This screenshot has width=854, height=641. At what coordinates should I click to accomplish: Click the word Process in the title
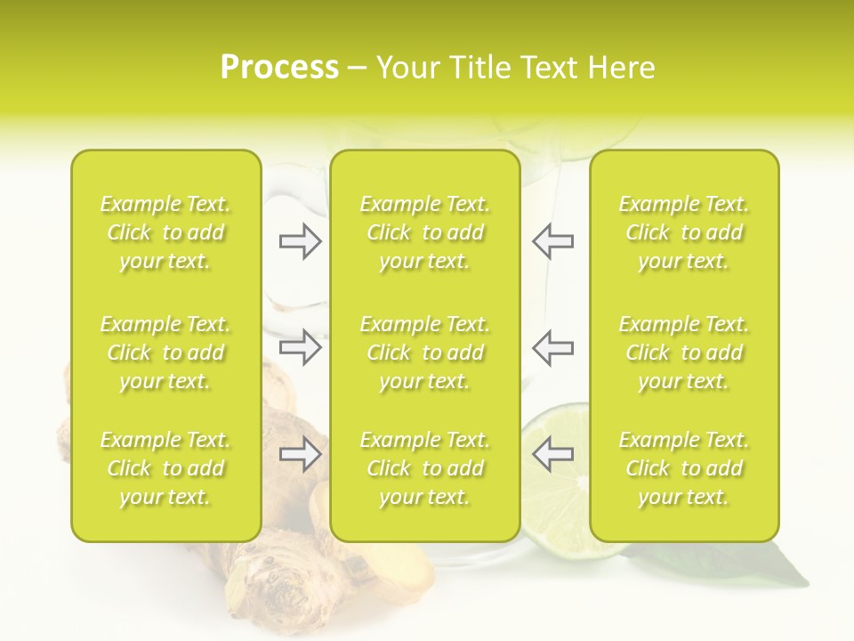click(x=279, y=68)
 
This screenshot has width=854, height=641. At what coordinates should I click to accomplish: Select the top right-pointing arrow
click(x=300, y=241)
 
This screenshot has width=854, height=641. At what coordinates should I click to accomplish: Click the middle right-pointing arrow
click(x=300, y=347)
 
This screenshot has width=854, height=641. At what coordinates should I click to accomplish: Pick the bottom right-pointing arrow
click(x=300, y=454)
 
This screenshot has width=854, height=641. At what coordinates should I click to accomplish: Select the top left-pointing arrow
click(x=552, y=241)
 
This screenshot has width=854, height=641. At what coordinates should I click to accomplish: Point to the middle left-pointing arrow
click(x=552, y=347)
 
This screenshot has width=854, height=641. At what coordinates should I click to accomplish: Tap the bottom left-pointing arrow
click(x=552, y=454)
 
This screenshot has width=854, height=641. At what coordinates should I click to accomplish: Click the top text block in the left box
click(x=165, y=232)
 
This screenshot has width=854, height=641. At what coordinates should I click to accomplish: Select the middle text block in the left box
click(x=165, y=353)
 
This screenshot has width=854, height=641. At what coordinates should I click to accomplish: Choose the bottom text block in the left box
click(x=165, y=468)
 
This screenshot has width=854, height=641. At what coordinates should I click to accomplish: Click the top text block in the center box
click(x=424, y=232)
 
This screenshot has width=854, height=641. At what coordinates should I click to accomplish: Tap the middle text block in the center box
click(x=424, y=353)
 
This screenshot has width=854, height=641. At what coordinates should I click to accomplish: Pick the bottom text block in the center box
click(x=424, y=468)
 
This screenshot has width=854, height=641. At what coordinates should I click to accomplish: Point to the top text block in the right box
click(x=683, y=232)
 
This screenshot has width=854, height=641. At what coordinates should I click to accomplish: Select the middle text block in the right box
click(x=683, y=353)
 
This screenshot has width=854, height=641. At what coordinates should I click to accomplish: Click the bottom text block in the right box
click(x=683, y=468)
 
